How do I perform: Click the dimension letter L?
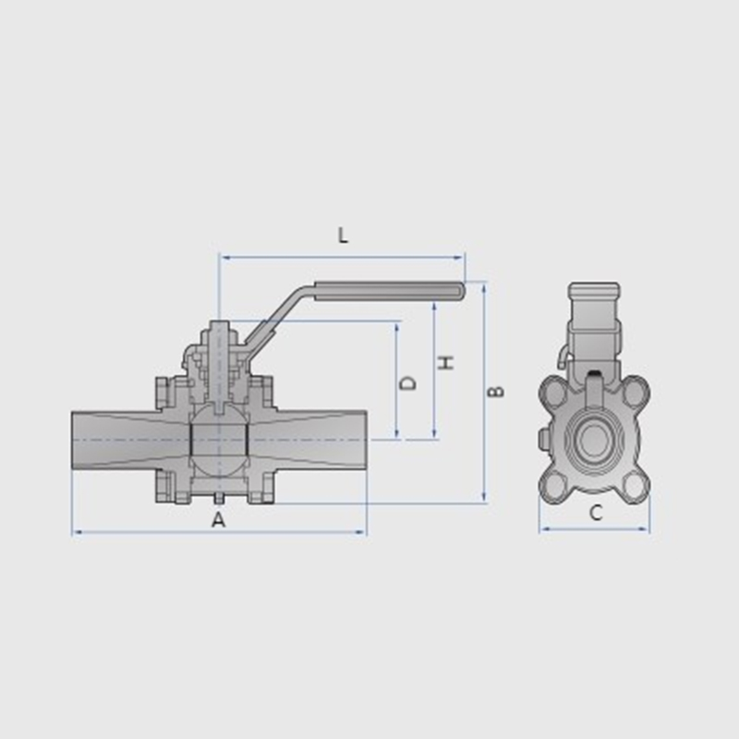[x=343, y=236]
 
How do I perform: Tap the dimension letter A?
[x=218, y=520]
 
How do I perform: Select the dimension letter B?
[x=495, y=391]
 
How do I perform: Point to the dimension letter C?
[x=596, y=513]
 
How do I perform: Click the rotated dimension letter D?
[x=407, y=383]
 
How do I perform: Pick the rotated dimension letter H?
[x=446, y=362]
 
